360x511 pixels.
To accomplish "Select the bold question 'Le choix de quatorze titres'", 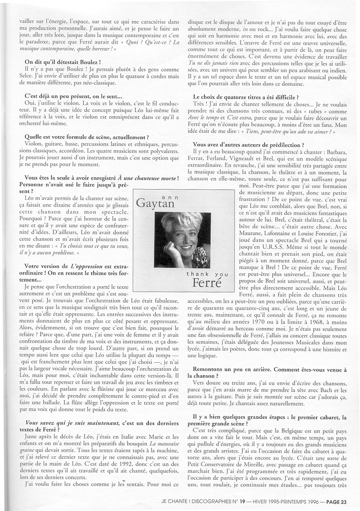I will coord(245,97).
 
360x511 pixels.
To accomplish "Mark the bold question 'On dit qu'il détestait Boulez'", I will coord(62,62).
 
